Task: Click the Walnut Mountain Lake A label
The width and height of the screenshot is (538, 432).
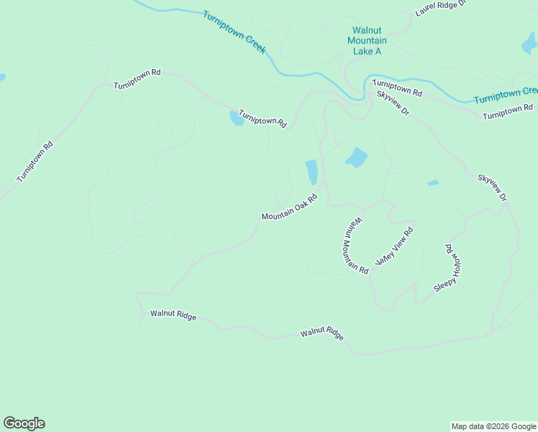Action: [367, 41]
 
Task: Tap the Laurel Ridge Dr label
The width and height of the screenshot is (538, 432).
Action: [441, 8]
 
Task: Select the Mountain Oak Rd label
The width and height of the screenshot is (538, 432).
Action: [289, 207]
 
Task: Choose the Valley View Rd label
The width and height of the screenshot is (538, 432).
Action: [394, 247]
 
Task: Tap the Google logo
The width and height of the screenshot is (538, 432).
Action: [24, 423]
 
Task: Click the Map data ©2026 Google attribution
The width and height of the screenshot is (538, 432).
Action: [493, 426]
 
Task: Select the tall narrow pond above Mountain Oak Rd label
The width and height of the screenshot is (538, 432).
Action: [311, 171]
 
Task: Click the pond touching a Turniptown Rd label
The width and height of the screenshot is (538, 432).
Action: [237, 118]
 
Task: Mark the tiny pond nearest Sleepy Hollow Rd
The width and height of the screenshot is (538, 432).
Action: [433, 183]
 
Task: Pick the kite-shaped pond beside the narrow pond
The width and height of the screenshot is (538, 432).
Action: [356, 157]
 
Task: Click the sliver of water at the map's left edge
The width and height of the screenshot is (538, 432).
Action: [2, 77]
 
